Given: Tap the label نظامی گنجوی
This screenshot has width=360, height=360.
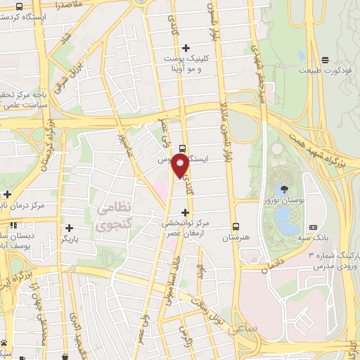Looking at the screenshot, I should pos(109,217).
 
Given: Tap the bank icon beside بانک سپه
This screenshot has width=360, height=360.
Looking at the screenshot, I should pos(313,228).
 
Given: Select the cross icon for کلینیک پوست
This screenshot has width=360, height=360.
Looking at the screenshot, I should pos(186,48).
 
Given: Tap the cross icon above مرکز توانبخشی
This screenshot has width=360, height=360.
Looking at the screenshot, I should pos(186,212).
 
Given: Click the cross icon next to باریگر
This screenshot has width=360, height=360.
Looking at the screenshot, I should pos(69,228).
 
